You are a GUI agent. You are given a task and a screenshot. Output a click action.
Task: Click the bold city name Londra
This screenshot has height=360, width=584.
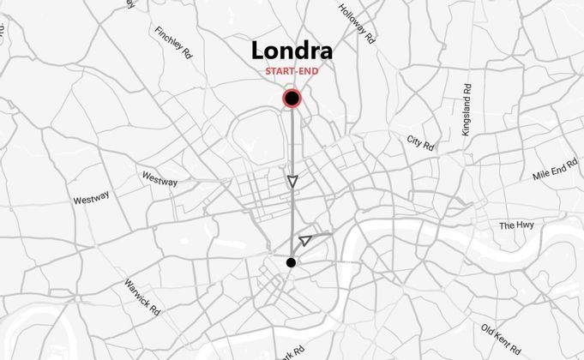click(x=292, y=51)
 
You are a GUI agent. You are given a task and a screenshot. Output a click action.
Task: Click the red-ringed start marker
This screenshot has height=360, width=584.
click(x=292, y=99)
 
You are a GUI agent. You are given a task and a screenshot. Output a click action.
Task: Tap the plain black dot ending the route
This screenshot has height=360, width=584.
click(x=292, y=262)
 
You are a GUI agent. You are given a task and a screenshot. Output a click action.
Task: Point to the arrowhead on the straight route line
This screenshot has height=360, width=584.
click(x=292, y=181)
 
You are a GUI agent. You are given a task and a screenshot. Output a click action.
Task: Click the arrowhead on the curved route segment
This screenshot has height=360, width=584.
click(x=305, y=241)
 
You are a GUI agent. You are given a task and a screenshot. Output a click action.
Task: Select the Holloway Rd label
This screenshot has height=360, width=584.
click(x=357, y=23)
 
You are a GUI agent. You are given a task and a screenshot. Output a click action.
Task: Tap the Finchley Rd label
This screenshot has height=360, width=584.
click(x=174, y=44)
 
